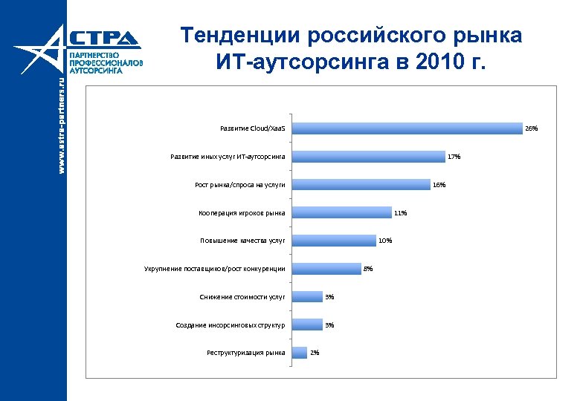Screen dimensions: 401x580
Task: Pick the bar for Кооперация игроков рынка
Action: click(x=340, y=213)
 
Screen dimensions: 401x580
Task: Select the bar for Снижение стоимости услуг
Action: click(x=306, y=297)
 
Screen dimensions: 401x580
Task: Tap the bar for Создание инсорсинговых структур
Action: click(x=306, y=325)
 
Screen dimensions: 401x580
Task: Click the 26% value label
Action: click(x=532, y=128)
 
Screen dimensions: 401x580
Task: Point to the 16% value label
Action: click(x=439, y=185)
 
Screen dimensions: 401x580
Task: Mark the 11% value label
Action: click(x=400, y=213)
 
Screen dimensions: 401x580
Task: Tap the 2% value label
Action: click(x=315, y=353)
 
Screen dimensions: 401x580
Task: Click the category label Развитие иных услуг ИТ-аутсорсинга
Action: click(x=228, y=157)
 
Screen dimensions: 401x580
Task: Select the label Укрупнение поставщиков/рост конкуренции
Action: click(x=214, y=269)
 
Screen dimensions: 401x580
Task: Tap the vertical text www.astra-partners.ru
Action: click(x=62, y=126)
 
